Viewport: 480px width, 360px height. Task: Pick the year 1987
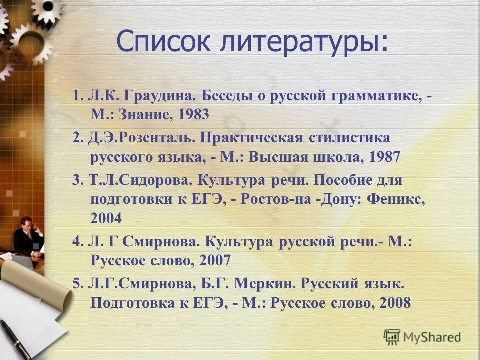(x=385, y=157)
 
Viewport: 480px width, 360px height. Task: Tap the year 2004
(x=106, y=218)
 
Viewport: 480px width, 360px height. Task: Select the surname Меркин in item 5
(x=264, y=283)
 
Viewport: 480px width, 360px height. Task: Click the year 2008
(x=395, y=303)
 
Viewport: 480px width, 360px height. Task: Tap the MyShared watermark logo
(x=423, y=337)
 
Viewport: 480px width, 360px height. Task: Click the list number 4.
(x=76, y=242)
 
